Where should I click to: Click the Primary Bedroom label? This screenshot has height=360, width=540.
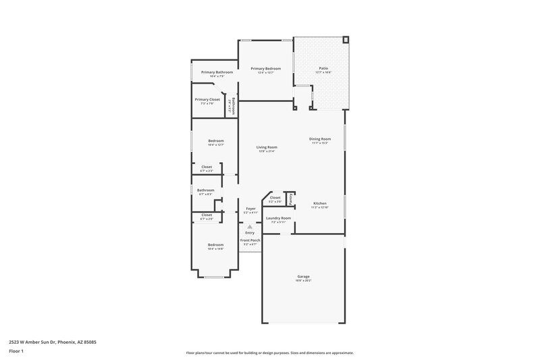point(266,69)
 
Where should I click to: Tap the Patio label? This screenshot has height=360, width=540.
point(323,69)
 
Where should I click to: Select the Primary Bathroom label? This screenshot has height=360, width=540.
point(217,72)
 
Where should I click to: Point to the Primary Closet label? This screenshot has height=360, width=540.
point(207,100)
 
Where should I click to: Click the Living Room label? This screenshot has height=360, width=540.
point(267,147)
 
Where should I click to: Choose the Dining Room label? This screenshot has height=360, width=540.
point(320,139)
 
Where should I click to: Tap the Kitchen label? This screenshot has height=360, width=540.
point(320,203)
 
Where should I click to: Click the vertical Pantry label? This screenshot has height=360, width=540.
point(291,199)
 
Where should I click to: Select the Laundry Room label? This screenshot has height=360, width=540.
point(278,218)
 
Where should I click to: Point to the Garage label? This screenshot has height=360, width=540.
point(304,276)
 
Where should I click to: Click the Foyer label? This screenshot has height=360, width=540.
point(250,209)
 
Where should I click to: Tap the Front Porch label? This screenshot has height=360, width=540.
point(250,240)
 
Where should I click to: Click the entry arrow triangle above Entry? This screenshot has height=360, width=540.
point(250,227)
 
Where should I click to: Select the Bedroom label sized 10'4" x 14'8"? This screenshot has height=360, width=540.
point(215,245)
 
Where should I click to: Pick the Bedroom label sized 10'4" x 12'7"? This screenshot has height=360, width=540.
point(215,140)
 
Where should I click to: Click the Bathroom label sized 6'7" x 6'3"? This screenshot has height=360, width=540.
point(205,190)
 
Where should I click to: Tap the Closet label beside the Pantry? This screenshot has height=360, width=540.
point(275,198)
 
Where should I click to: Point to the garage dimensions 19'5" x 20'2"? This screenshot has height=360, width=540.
point(304,280)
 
